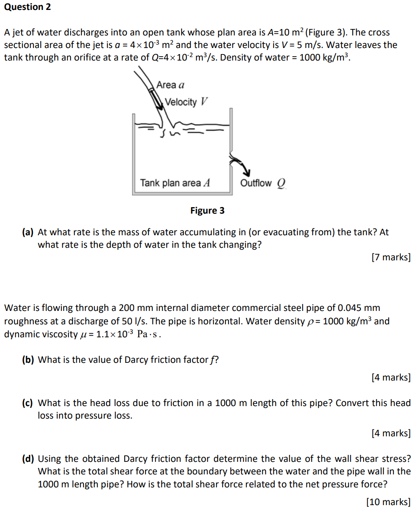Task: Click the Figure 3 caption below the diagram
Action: click(x=207, y=211)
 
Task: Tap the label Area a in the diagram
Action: click(x=171, y=85)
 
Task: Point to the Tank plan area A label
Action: click(x=175, y=183)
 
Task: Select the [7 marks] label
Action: click(x=391, y=257)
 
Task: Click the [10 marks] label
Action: click(x=388, y=502)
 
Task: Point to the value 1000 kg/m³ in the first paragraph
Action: click(x=324, y=57)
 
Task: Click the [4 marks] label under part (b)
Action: click(x=391, y=378)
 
